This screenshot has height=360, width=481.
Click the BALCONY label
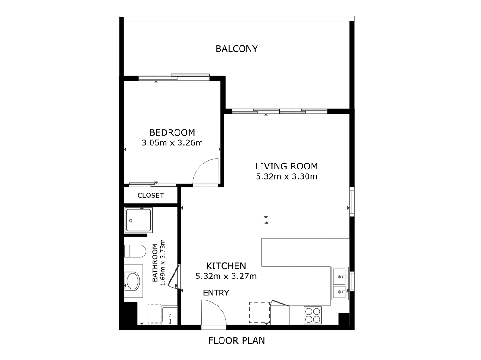[236, 49]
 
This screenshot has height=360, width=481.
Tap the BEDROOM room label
[172, 132]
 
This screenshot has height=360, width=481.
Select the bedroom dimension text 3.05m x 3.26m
[172, 142]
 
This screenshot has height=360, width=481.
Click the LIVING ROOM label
[286, 166]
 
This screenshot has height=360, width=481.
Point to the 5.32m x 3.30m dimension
[286, 176]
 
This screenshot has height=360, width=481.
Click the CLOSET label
[151, 195]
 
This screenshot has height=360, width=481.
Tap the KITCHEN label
[226, 266]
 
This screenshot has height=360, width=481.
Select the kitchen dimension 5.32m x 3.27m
[226, 276]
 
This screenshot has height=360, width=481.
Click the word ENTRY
[216, 293]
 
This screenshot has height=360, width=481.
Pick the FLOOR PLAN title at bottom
[236, 340]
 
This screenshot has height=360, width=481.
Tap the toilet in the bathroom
[135, 251]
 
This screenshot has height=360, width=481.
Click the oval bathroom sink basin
[133, 281]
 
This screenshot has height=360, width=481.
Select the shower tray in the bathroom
[138, 220]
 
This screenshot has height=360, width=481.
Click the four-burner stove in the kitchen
[312, 315]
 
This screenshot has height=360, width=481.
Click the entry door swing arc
[219, 306]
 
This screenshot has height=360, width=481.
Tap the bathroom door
[174, 278]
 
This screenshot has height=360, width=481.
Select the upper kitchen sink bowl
[340, 277]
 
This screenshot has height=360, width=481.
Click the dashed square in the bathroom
[154, 314]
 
